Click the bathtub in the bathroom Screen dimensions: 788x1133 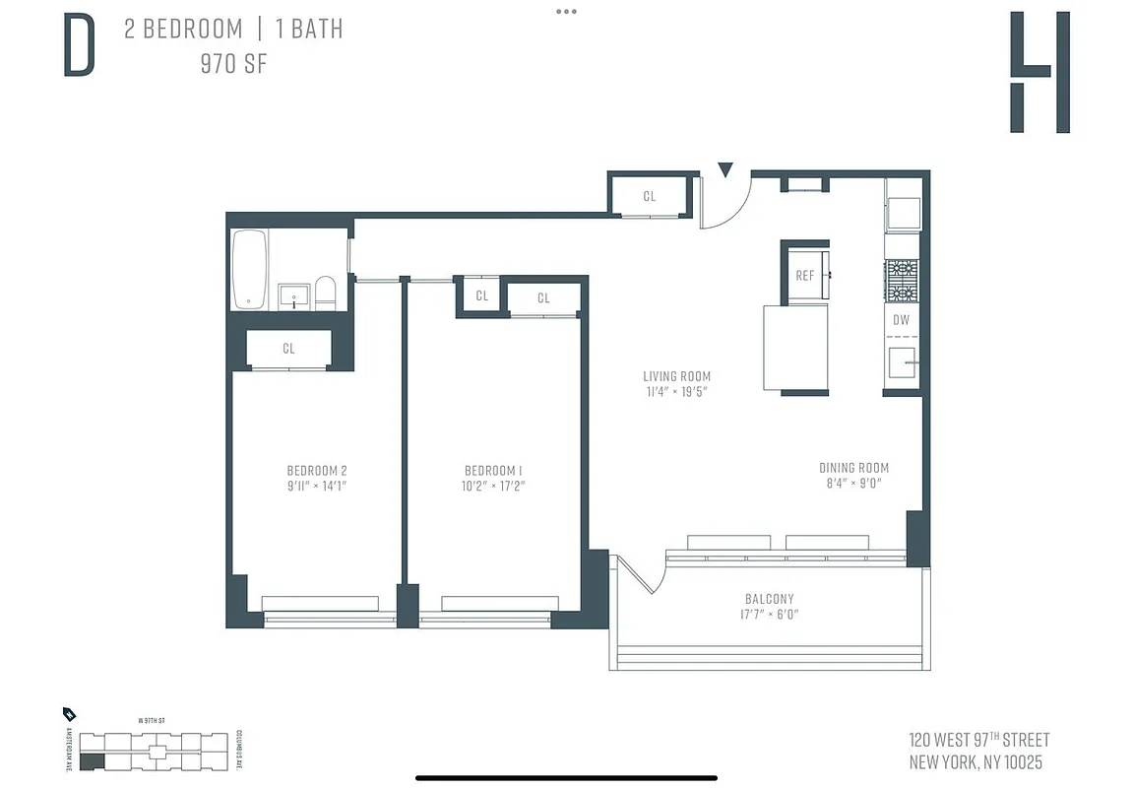[x=248, y=269]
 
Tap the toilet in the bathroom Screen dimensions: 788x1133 [x=326, y=292]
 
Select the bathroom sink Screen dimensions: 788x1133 [x=293, y=295]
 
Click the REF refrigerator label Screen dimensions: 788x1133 [x=804, y=276]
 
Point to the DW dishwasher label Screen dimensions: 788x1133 [x=901, y=320]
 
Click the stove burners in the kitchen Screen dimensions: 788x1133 [x=902, y=281]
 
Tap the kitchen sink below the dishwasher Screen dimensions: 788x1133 [x=902, y=362]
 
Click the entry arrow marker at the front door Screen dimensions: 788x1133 [x=725, y=170]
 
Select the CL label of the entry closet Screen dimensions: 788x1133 [x=649, y=196]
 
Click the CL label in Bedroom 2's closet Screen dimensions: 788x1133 [x=288, y=349]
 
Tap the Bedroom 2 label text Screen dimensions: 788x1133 [x=317, y=470]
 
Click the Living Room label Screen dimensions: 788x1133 [x=676, y=376]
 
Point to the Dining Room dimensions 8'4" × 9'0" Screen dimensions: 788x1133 [x=853, y=484]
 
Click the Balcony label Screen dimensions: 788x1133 [x=769, y=598]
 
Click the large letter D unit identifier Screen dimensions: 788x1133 [x=80, y=47]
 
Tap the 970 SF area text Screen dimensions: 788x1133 [x=233, y=65]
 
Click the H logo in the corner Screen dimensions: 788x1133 [x=1039, y=73]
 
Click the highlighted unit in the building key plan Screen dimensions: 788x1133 [x=91, y=760]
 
